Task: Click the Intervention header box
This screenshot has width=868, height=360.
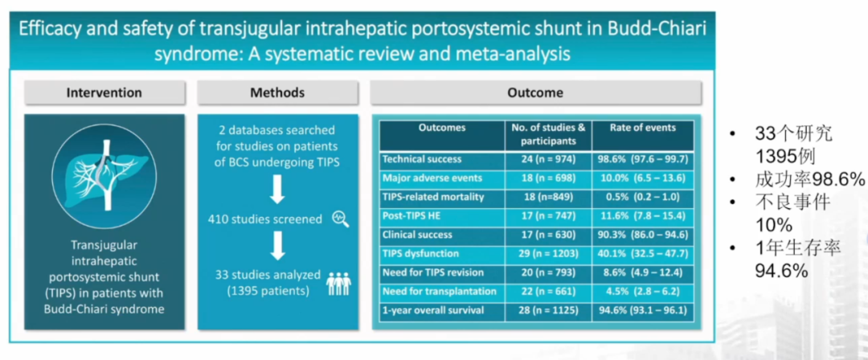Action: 104,92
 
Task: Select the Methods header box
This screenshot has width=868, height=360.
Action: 277,92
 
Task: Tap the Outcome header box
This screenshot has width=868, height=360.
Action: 535,92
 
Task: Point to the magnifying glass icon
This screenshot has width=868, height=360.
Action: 341,219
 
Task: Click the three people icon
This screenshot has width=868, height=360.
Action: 339,283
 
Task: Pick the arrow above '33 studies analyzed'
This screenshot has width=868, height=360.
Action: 277,245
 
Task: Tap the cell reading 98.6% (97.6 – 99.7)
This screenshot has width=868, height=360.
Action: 643,159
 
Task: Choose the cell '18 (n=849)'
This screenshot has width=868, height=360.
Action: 549,197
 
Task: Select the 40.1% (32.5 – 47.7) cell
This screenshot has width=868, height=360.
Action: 643,254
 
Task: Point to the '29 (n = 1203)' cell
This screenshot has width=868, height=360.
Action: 549,254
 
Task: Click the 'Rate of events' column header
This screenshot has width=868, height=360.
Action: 643,128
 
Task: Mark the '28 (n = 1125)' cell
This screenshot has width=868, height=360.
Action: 549,310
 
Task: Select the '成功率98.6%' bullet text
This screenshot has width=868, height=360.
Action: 809,179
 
